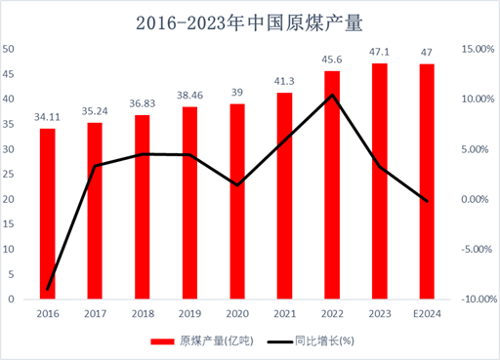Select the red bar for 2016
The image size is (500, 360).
[48, 214]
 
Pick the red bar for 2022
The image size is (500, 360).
[332, 185]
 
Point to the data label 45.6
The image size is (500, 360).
[332, 61]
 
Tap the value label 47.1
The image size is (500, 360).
[380, 54]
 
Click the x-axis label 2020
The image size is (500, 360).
[237, 313]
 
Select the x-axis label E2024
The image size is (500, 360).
[427, 313]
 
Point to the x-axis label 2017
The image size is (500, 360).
[95, 313]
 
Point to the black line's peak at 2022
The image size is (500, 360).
[333, 95]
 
